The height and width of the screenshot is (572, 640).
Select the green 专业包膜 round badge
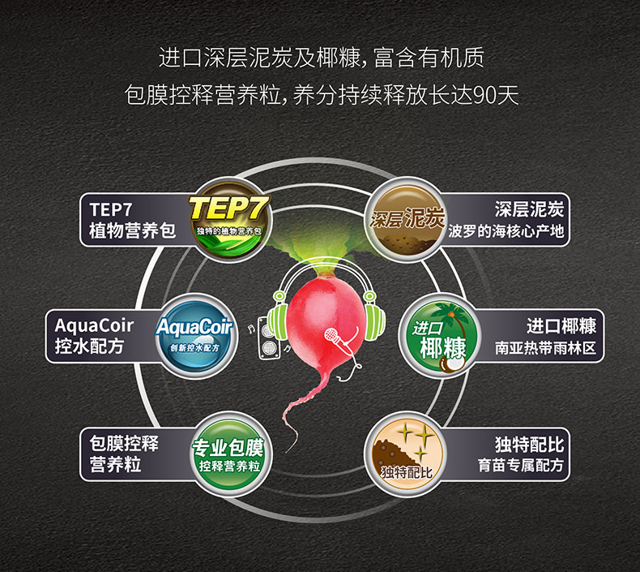(228, 453)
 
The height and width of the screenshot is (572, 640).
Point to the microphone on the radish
(332, 333)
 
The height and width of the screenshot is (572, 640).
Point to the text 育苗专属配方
(520, 467)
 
